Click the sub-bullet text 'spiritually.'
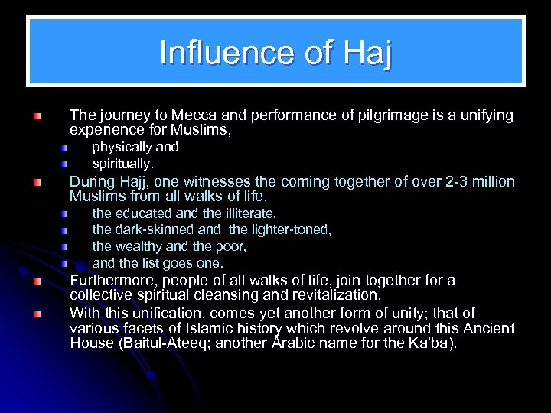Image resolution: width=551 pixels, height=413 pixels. pyautogui.click(x=123, y=164)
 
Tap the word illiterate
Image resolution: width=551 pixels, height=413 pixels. pyautogui.click(x=249, y=213)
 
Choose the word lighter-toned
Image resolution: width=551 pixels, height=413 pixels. pyautogui.click(x=289, y=230)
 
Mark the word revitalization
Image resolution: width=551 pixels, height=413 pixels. pyautogui.click(x=321, y=294)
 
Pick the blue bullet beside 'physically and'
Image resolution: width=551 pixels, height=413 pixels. pyautogui.click(x=66, y=147)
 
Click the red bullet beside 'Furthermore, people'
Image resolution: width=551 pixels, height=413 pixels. pyautogui.click(x=37, y=281)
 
